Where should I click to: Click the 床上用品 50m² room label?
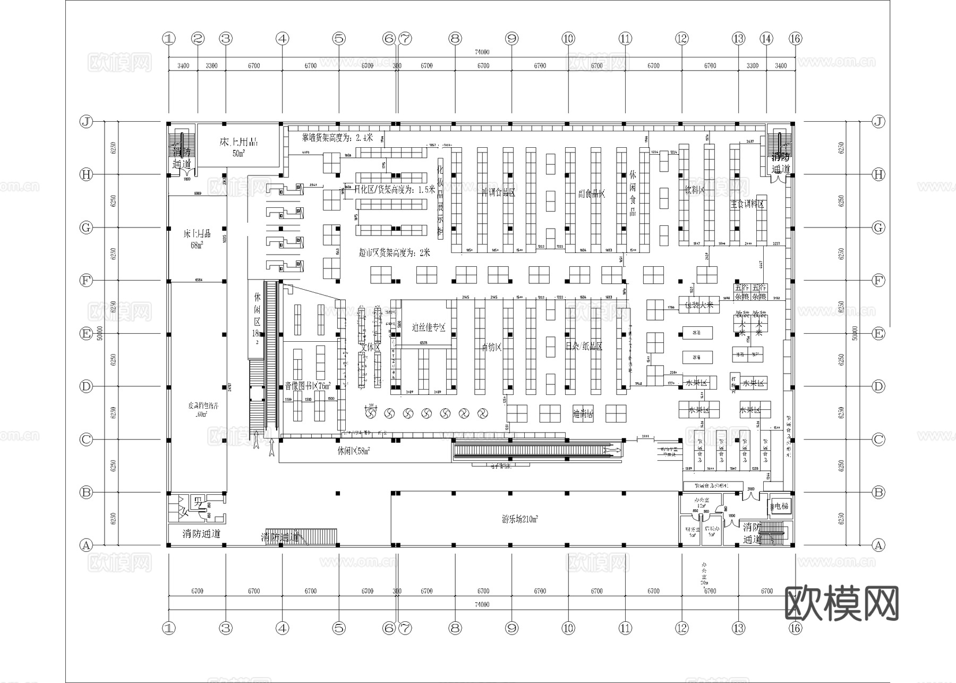(238, 147)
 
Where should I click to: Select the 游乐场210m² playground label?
(521, 519)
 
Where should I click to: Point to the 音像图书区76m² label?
(308, 386)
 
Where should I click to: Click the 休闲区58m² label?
(353, 451)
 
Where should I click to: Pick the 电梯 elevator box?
(780, 507)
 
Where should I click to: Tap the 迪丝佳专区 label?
(428, 327)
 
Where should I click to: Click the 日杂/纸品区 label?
(584, 346)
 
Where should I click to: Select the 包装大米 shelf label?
(699, 305)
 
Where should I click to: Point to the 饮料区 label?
(694, 190)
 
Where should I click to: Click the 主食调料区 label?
(747, 204)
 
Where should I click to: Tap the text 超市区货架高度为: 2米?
(394, 253)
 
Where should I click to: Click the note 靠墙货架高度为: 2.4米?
(337, 138)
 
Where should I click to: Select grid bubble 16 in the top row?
(795, 38)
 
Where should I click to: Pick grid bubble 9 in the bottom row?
(511, 628)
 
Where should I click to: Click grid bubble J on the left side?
(86, 122)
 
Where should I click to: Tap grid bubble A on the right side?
(878, 545)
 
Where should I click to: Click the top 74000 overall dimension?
(482, 52)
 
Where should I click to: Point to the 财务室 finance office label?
(693, 532)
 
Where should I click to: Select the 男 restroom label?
(197, 501)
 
